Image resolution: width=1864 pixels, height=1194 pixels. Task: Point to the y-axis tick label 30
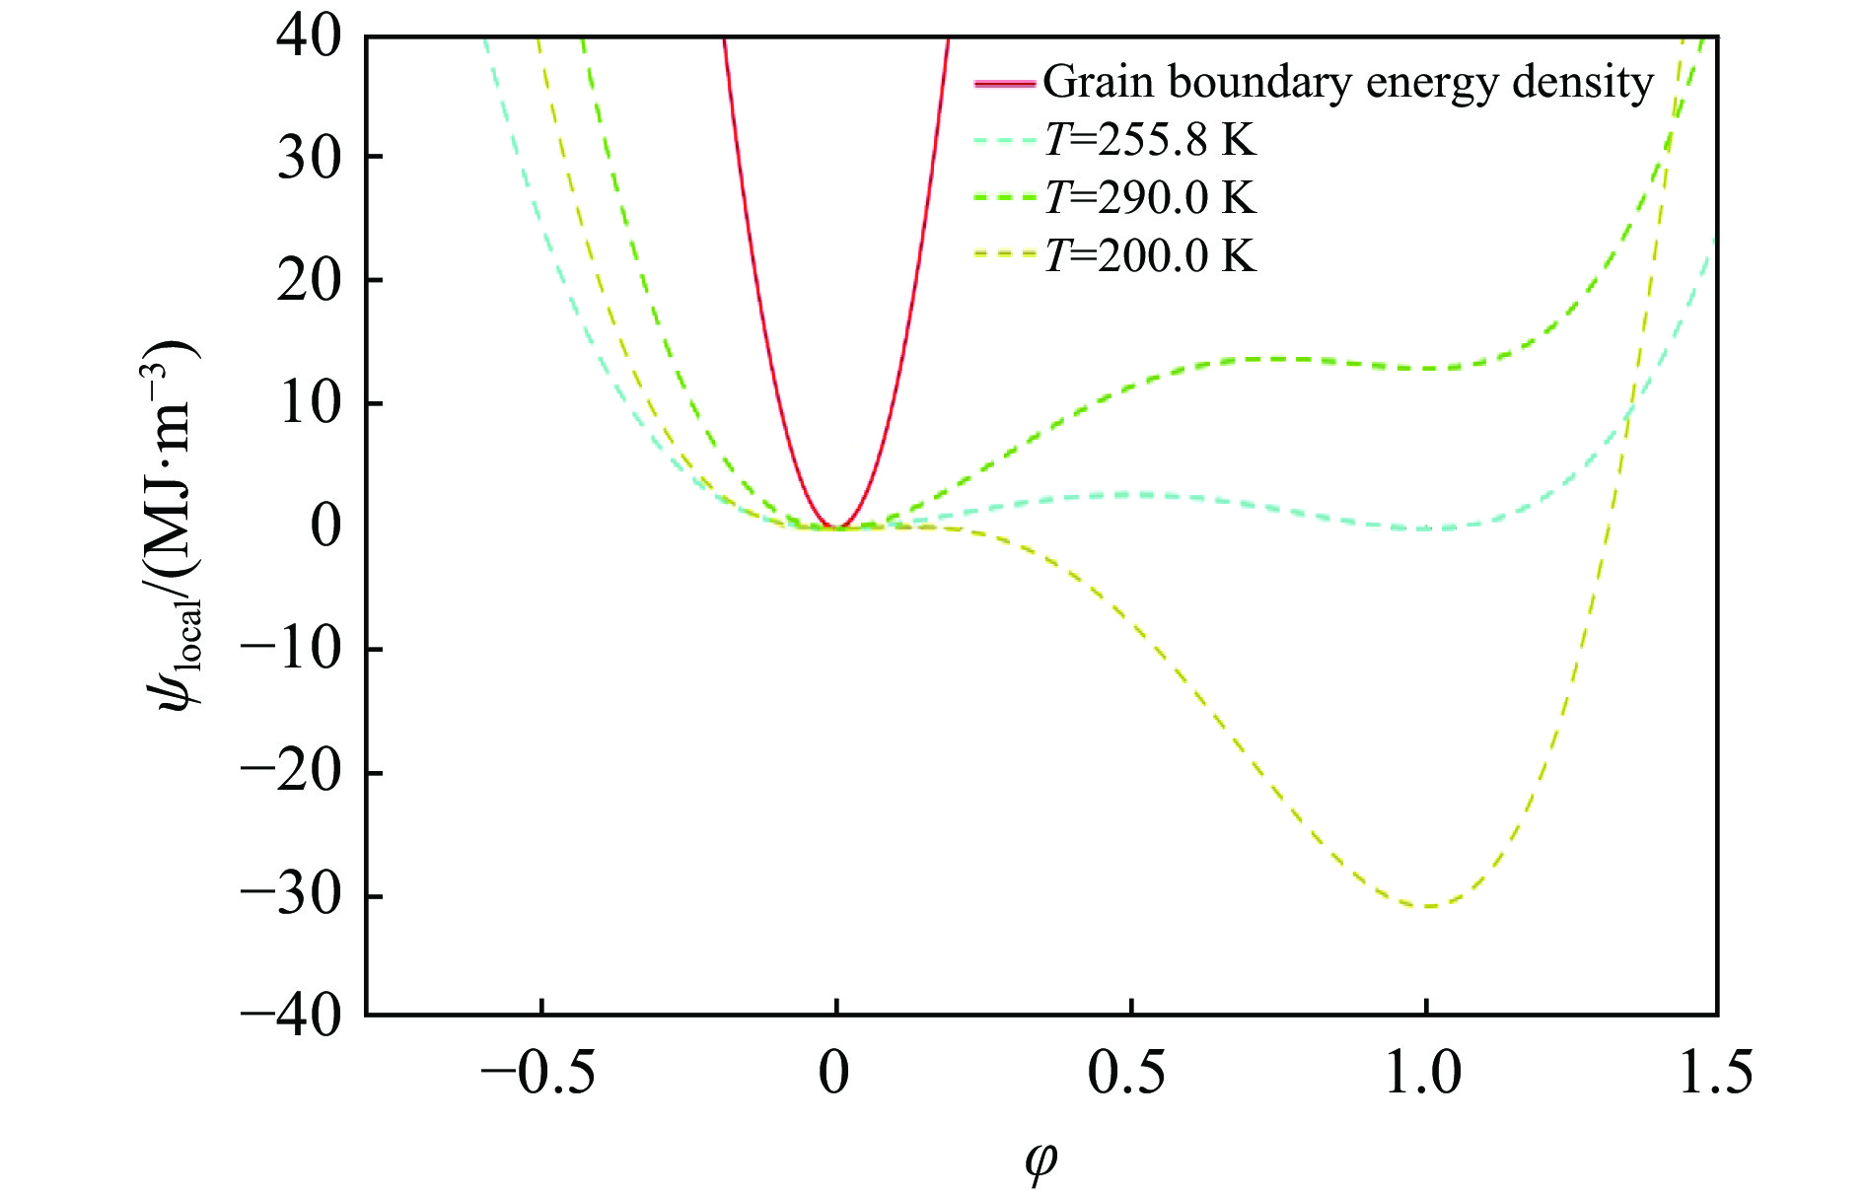(x=309, y=158)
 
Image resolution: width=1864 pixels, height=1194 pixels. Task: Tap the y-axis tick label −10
(x=291, y=650)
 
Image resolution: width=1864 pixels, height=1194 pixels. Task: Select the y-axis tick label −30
(x=291, y=896)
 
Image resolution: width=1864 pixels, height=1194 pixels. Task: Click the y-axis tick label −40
(x=291, y=1015)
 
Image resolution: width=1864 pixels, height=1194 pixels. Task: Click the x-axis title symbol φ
(x=1040, y=1161)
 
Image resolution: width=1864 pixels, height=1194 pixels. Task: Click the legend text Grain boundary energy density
(x=1347, y=83)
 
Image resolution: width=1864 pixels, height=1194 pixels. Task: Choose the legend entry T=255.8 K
(x=1150, y=140)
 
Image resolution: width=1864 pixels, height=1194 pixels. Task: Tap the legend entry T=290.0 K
(x=1150, y=198)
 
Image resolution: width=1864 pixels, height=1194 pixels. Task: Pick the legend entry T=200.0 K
(x=1150, y=256)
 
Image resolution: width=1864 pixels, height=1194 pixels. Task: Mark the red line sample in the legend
(x=1004, y=83)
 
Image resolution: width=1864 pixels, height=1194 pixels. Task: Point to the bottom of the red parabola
(x=836, y=527)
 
